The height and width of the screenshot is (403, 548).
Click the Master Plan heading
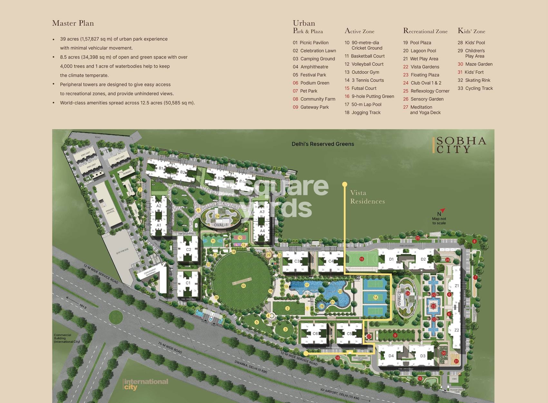click(x=73, y=23)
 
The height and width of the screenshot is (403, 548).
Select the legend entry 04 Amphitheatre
click(x=311, y=67)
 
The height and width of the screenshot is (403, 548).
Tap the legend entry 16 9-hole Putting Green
click(x=369, y=96)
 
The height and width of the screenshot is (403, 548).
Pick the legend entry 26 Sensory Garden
click(x=423, y=99)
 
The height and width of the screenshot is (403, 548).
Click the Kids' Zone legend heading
click(x=471, y=31)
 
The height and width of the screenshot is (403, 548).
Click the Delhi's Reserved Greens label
click(x=322, y=144)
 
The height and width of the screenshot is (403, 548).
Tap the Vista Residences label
click(x=367, y=197)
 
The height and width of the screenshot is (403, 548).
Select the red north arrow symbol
click(x=442, y=210)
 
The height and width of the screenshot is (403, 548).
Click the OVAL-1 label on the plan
click(x=220, y=225)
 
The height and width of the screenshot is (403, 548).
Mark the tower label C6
click(x=315, y=333)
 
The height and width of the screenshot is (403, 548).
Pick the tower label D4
click(x=391, y=356)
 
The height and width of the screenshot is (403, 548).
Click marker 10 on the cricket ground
click(x=243, y=286)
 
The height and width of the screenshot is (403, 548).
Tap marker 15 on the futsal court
click(x=361, y=259)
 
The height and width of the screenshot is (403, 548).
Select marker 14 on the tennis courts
click(x=375, y=297)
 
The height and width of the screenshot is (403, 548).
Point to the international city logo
click(x=146, y=384)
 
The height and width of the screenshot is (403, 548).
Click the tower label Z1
click(x=457, y=286)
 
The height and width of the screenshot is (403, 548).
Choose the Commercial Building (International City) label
click(x=67, y=338)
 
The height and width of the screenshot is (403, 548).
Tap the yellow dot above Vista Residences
click(x=345, y=184)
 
